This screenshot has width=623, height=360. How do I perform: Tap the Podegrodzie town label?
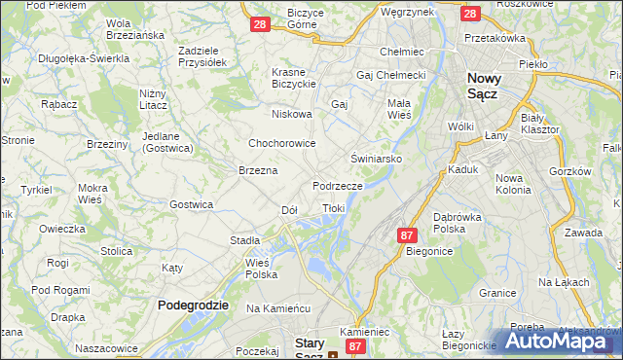pos(193,305)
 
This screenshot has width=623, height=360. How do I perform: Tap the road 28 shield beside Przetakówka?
pos(470,14)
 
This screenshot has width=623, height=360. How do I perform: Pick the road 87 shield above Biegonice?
pos(408,235)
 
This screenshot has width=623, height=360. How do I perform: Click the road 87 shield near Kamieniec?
pos(356,345)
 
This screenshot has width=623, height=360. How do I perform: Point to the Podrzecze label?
pos(338,185)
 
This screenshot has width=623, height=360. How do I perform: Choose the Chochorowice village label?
pos(282,143)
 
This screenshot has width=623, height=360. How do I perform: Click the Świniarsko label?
pos(376,157)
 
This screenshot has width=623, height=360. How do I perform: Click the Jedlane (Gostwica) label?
pos(167,142)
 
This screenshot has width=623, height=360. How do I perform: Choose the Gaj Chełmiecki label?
pos(393,75)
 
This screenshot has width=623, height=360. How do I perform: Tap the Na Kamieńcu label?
pos(277,307)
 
